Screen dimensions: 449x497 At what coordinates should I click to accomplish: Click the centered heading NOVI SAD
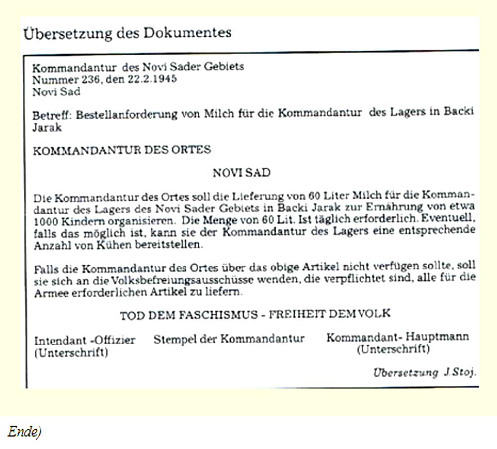(x=242, y=173)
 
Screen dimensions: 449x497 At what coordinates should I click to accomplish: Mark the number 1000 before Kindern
(x=47, y=219)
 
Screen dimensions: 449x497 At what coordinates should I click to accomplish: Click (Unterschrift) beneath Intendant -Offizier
(x=71, y=353)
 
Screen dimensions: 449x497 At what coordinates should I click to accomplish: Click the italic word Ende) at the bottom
(x=24, y=432)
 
